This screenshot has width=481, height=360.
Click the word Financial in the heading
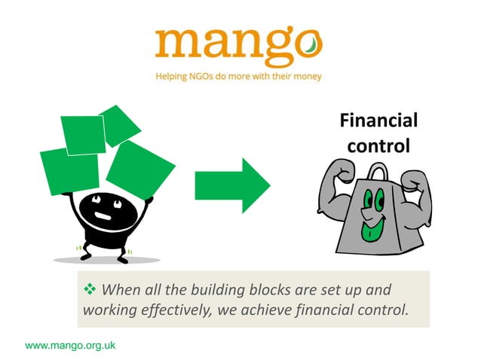point(378,121)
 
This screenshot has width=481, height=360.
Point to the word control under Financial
point(378,144)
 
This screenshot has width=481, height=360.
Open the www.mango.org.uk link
point(70,346)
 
